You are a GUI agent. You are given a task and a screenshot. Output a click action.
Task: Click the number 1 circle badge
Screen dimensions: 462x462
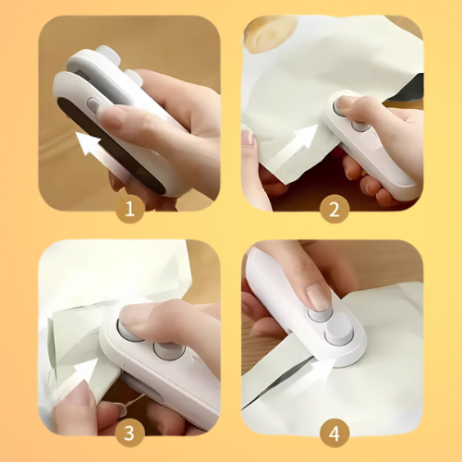point(128,210)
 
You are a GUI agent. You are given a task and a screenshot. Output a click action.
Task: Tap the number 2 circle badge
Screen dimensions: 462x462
point(334,210)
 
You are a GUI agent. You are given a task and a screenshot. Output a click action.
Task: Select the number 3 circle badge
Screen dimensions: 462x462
point(128,432)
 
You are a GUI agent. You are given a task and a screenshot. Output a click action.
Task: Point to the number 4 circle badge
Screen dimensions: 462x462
point(334,432)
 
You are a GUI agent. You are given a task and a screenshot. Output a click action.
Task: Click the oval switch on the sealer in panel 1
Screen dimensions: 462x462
point(95,106)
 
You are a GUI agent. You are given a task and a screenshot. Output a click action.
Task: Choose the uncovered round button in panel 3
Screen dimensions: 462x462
point(169,352)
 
